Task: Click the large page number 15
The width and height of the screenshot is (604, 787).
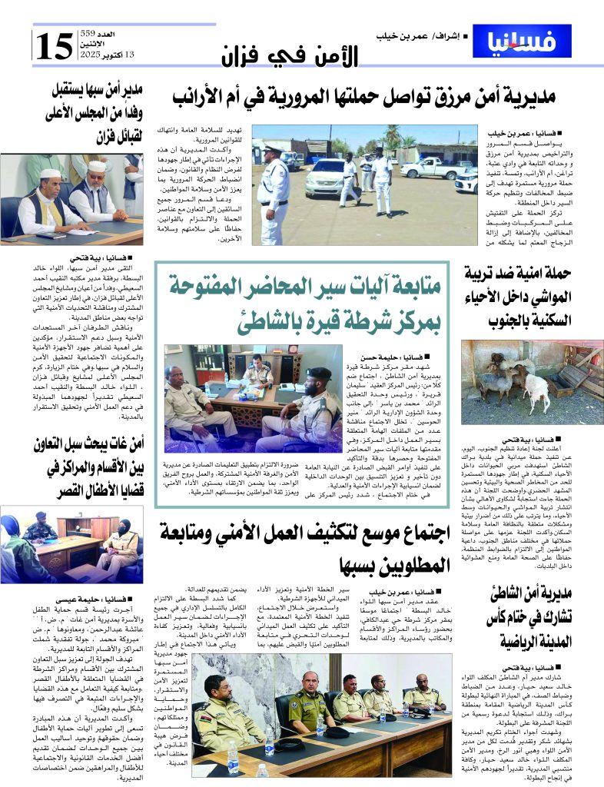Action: [53, 48]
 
